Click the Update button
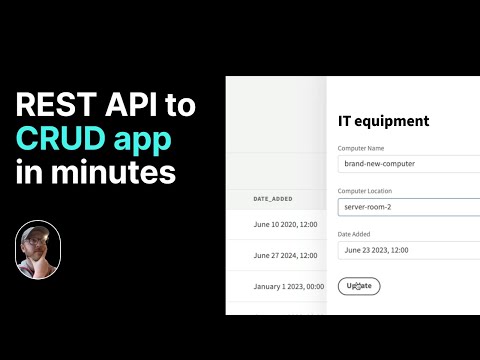[359, 285]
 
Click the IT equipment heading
[383, 121]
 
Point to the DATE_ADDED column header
[274, 199]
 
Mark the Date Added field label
[359, 233]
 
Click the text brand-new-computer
[379, 164]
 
